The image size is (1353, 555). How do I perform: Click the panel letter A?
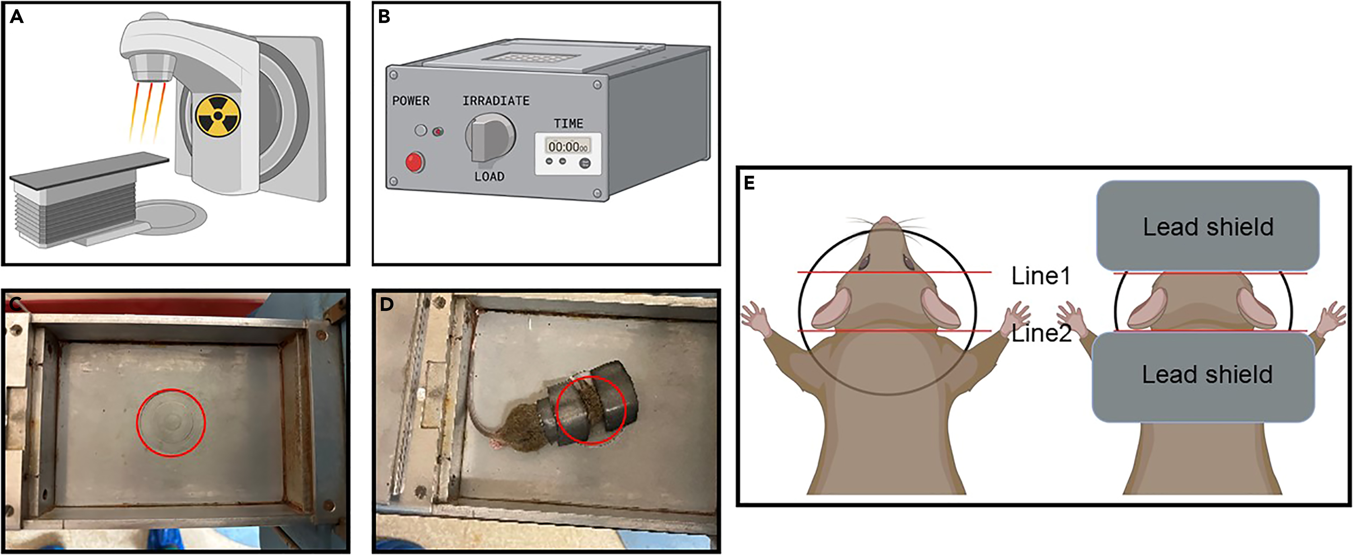(17, 17)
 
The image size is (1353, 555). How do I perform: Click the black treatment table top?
(89, 168)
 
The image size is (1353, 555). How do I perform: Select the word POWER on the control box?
(411, 101)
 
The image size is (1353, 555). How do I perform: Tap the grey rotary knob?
(489, 138)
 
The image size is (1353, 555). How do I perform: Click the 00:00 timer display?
(567, 146)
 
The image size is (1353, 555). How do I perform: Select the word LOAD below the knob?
(489, 177)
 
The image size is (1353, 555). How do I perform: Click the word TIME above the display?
(568, 124)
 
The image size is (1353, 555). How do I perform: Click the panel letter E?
(749, 183)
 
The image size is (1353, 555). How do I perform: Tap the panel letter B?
(384, 17)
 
